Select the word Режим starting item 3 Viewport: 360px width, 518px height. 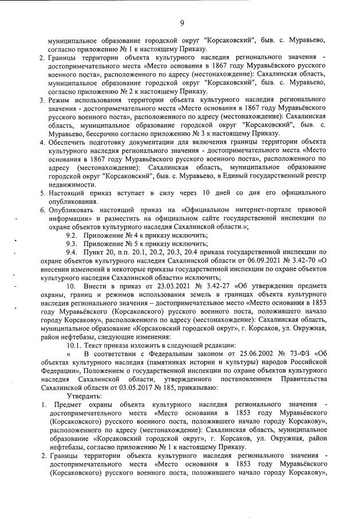pyautogui.click(x=60, y=100)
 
